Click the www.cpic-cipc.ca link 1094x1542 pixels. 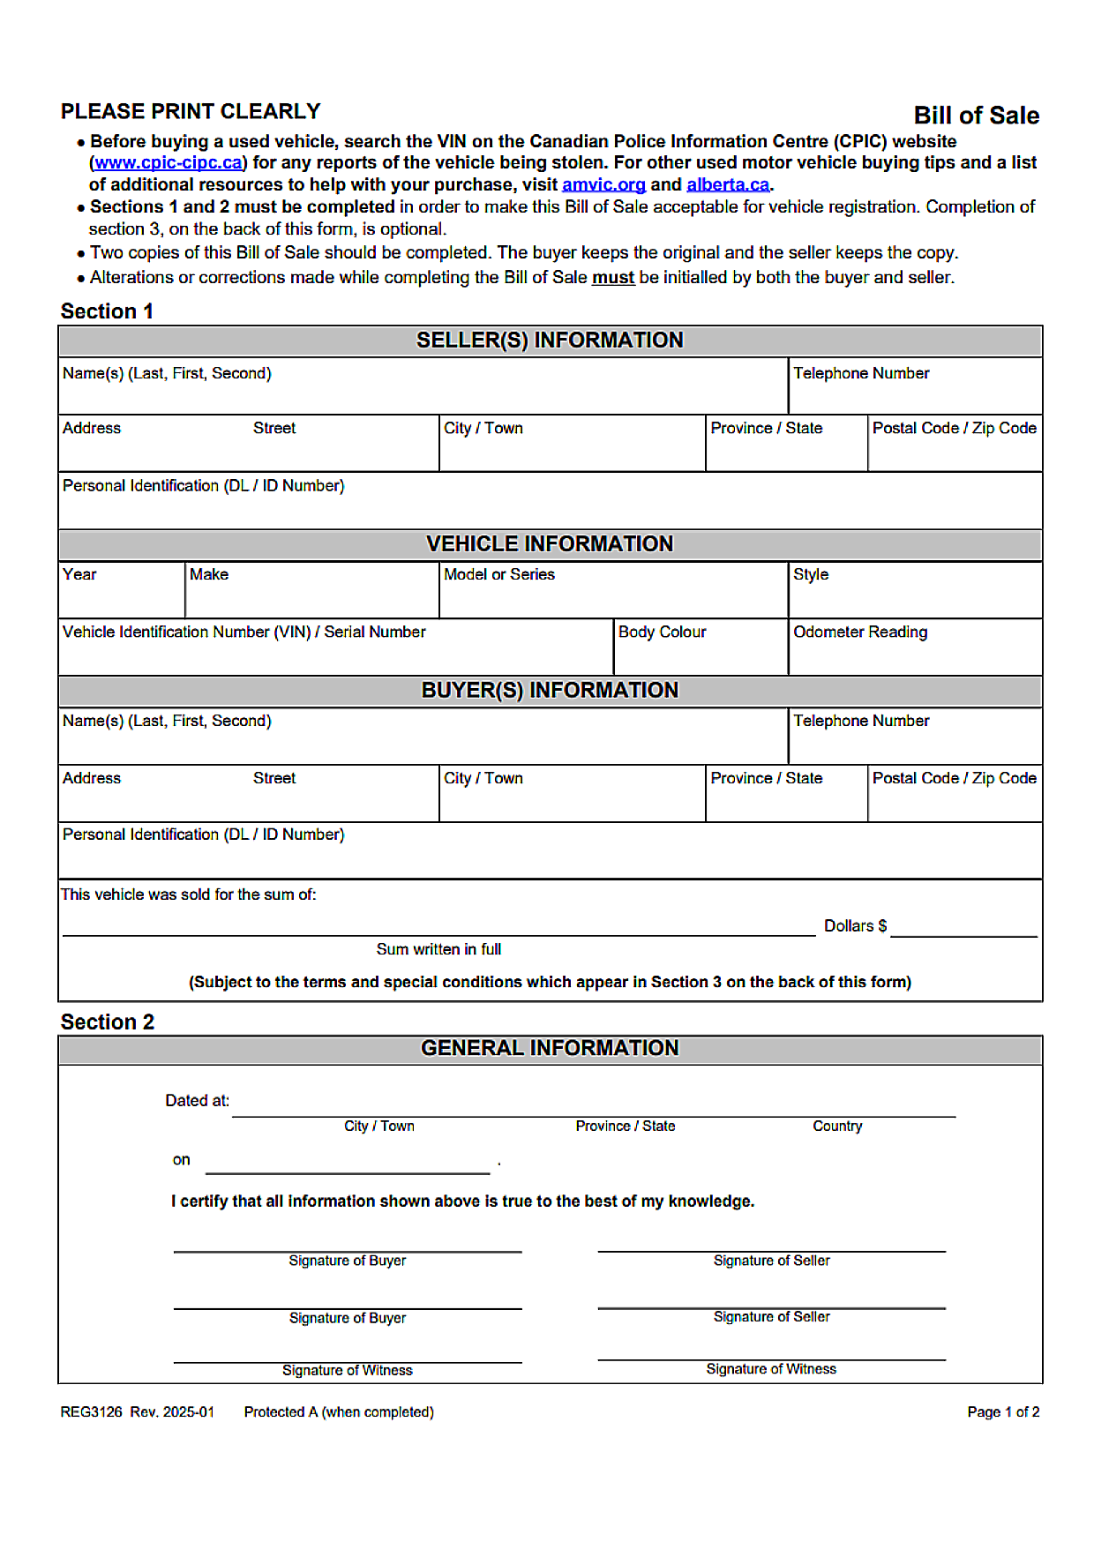pos(168,163)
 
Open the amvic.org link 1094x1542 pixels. pos(603,185)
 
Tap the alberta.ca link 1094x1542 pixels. pos(728,185)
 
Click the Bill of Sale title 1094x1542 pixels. pos(976,116)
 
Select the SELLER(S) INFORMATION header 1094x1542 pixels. pos(550,341)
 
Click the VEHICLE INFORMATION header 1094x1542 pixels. pos(550,544)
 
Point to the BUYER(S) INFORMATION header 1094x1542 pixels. pos(550,691)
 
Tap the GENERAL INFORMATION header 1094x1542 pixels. pos(550,1048)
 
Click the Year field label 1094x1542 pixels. pos(79,575)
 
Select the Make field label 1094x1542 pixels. pos(209,575)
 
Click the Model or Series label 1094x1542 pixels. pos(499,575)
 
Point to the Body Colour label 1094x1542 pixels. pos(662,633)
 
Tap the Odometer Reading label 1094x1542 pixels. pos(860,633)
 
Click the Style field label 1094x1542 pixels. pos(811,575)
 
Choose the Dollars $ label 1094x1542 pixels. pos(855,926)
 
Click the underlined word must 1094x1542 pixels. pos(613,278)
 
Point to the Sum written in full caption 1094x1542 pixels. pos(438,950)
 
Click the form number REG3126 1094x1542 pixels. pos(91,1412)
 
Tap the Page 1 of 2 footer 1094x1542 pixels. pos(1003,1412)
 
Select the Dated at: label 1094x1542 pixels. pos(197,1101)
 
